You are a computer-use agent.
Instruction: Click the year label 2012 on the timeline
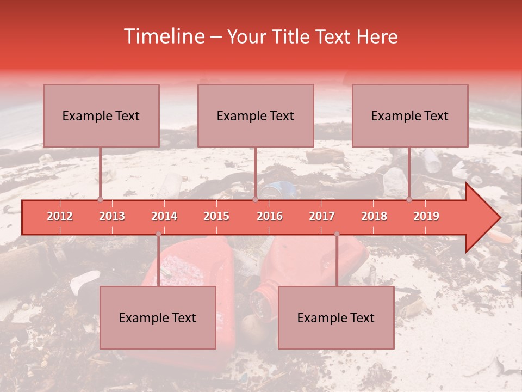pos(60,216)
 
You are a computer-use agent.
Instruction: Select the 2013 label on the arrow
pos(112,216)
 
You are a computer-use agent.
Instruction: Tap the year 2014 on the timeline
pos(164,216)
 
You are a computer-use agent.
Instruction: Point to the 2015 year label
pos(216,216)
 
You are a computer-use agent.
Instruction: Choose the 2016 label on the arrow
pos(270,216)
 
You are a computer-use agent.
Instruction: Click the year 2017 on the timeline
pos(322,216)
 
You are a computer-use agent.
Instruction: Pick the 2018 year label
pos(374,216)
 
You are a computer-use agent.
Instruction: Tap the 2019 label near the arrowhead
pos(426,216)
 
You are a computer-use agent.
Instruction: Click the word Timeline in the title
pos(163,36)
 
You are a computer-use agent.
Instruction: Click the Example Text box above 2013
pos(101,115)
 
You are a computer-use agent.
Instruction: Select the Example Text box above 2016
pos(256,115)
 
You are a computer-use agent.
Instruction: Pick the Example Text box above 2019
pos(410,115)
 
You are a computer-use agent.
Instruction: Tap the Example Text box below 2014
pos(158,317)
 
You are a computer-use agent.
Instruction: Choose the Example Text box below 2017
pos(336,317)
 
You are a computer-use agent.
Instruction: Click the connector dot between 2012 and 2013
pos(100,200)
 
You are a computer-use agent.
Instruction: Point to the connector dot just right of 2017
pos(337,234)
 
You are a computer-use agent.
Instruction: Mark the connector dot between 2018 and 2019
pos(409,200)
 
